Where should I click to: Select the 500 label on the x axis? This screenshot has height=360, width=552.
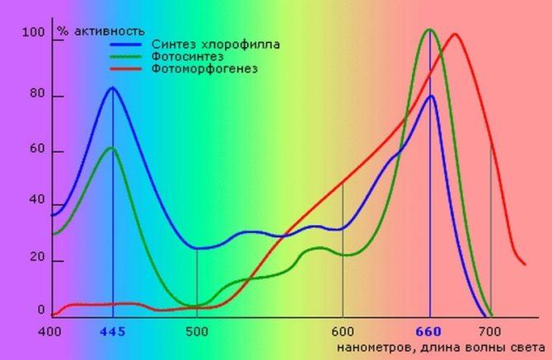[x=196, y=332]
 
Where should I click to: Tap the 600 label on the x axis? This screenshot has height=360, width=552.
[x=343, y=332]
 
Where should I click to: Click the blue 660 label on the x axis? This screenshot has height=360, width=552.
[x=428, y=332]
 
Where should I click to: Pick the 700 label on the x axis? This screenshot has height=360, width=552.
[x=491, y=332]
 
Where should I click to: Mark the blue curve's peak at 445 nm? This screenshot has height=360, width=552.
[x=112, y=87]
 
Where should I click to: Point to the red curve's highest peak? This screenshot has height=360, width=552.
[x=455, y=34]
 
